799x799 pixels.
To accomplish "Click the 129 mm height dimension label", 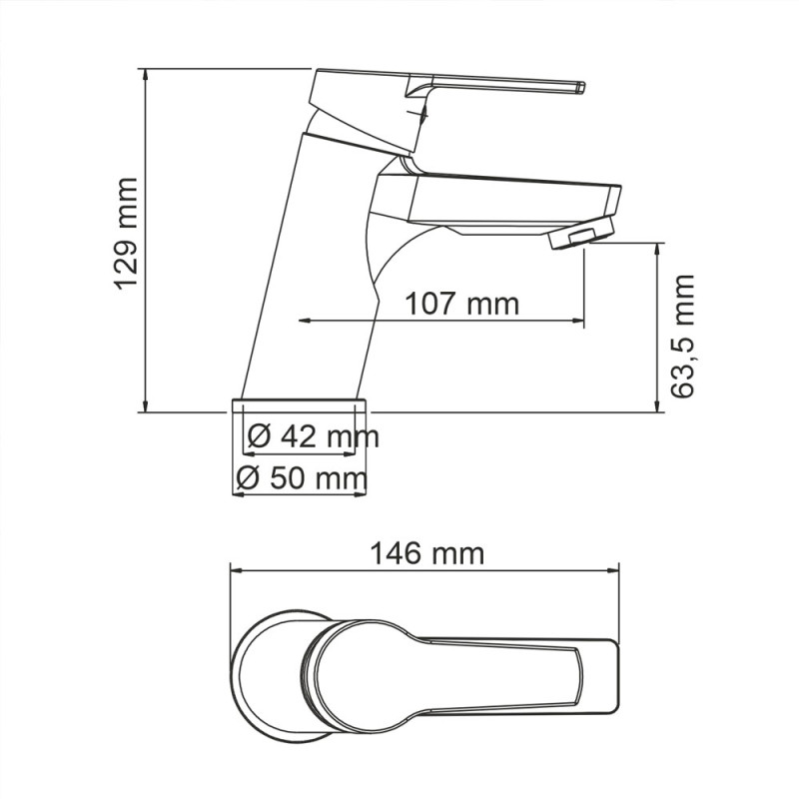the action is tap(126, 235).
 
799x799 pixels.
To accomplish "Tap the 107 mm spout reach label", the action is tap(461, 305).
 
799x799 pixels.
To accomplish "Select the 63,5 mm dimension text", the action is tap(682, 337).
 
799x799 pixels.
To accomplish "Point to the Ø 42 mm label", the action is tap(313, 437).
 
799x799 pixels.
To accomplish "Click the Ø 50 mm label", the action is tap(302, 479).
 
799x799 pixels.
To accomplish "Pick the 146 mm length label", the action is tap(426, 553).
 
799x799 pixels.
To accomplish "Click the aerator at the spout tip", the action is tap(582, 234).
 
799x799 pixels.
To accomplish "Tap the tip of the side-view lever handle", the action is tap(582, 88).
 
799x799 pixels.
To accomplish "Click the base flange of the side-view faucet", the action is tap(299, 405).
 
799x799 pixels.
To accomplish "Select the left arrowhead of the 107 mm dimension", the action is tap(305, 321).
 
